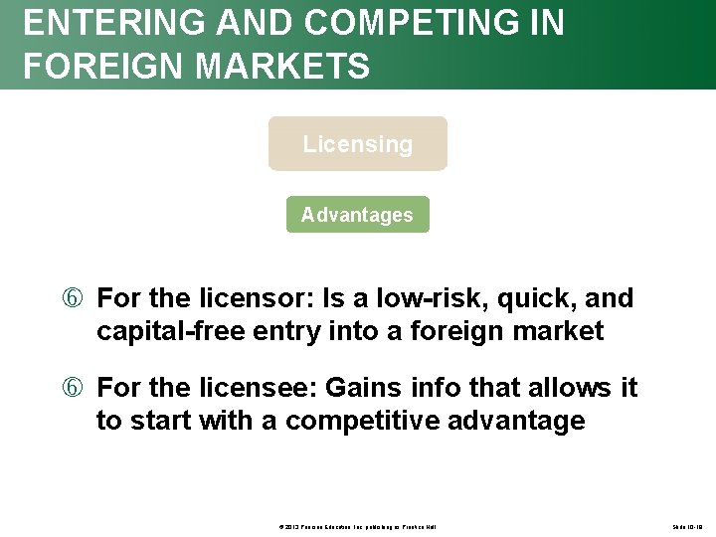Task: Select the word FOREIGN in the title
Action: coord(88,67)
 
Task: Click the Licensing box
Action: coord(358,144)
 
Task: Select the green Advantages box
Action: coord(358,215)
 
